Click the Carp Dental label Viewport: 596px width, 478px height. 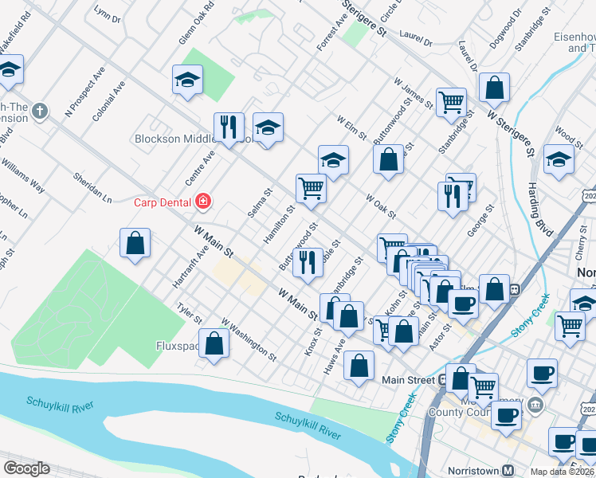click(162, 202)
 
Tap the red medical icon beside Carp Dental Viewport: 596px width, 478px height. click(204, 202)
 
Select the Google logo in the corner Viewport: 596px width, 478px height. click(26, 469)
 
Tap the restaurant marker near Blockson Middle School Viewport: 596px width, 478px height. click(229, 127)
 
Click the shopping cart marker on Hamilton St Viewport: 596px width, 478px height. click(311, 190)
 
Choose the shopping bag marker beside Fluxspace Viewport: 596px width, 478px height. click(214, 344)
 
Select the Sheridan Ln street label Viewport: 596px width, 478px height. click(92, 186)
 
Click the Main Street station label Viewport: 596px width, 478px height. click(410, 380)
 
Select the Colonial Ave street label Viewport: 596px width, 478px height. click(108, 100)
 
